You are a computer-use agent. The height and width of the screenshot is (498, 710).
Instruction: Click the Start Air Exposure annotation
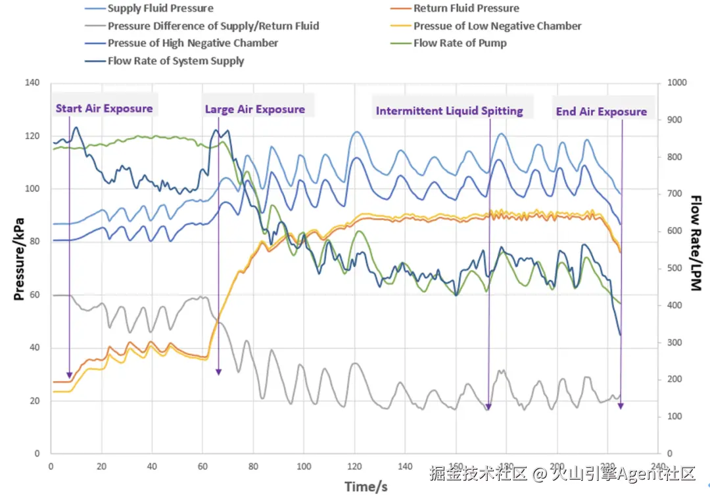point(104,108)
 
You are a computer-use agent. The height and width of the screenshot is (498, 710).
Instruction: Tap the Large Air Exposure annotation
point(255,109)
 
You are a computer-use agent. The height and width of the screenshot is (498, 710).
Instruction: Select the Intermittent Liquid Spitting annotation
point(450,111)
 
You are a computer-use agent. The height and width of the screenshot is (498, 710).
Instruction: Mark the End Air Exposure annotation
point(602,112)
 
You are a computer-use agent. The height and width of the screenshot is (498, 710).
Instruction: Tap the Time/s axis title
point(366,486)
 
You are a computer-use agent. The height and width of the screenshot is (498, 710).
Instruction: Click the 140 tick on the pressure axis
point(32,83)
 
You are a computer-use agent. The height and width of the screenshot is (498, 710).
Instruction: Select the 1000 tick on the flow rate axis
point(676,83)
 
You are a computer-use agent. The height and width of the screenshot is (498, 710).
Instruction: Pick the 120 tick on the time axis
point(354,466)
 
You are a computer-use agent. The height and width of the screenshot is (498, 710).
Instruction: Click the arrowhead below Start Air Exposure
point(69,374)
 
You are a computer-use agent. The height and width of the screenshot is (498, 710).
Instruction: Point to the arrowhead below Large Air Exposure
point(219,372)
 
